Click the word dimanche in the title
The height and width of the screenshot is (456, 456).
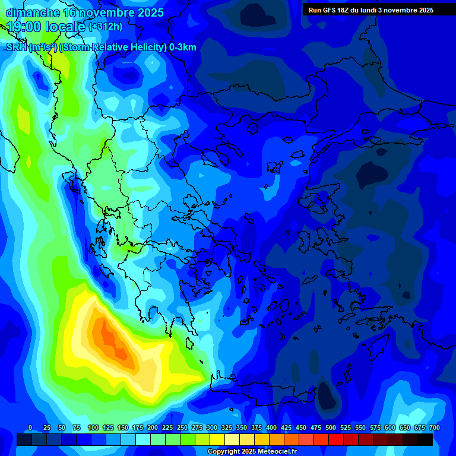(33, 12)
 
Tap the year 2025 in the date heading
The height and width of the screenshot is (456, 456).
(146, 12)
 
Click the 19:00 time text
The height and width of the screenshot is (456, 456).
(26, 27)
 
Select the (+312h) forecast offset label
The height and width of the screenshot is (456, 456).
(105, 27)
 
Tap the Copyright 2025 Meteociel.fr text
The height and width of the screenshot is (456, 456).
(252, 452)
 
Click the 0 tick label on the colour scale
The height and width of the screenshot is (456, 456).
(30, 427)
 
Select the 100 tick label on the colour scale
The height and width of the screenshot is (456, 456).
(93, 427)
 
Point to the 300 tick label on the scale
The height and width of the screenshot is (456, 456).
(212, 427)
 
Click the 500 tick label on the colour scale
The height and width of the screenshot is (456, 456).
(331, 427)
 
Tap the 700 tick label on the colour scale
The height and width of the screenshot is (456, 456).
(434, 427)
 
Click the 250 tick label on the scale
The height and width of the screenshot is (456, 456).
(182, 427)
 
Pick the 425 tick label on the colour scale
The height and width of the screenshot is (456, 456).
(286, 427)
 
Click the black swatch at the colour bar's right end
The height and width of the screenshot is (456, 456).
(425, 439)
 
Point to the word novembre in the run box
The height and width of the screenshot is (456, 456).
(400, 10)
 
